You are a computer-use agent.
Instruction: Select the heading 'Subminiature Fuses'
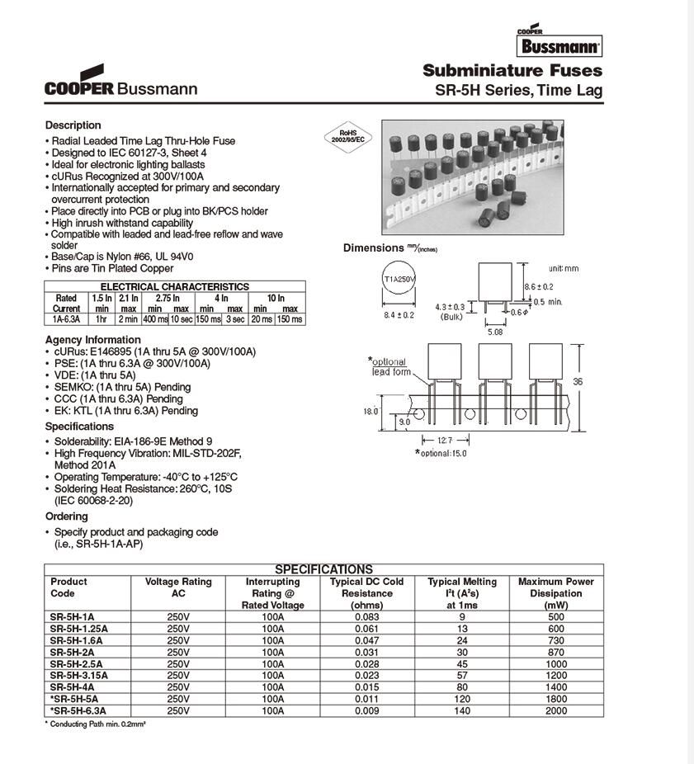[512, 70]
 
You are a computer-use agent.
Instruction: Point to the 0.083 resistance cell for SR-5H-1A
[366, 615]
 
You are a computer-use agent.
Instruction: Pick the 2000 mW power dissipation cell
[555, 710]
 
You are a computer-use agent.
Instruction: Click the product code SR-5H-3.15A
[78, 674]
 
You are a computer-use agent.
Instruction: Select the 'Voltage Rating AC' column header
[178, 587]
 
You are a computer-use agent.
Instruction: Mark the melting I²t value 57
[462, 674]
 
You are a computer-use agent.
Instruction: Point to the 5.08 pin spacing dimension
[494, 332]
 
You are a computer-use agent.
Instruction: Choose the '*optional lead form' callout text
[389, 367]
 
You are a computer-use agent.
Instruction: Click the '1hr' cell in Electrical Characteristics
[102, 318]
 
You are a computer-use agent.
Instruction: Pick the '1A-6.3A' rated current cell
[66, 318]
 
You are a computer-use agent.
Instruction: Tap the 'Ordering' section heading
[67, 516]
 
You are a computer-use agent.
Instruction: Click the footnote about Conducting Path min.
[95, 724]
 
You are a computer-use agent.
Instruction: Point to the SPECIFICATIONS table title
[323, 569]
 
